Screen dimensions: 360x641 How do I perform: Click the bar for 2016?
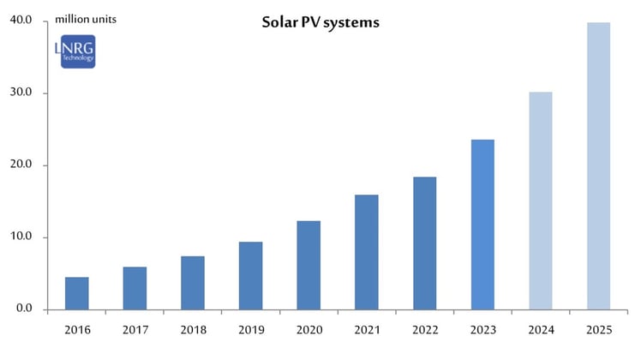[77, 293]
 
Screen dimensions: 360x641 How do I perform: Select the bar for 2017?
[135, 288]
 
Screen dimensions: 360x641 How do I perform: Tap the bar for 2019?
[250, 275]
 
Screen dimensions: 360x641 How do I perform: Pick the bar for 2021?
[367, 252]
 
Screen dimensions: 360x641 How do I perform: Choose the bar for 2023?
[482, 225]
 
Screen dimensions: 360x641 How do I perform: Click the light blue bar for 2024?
[541, 201]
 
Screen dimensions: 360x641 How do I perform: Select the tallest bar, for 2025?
[598, 166]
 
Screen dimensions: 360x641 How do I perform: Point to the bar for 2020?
[309, 265]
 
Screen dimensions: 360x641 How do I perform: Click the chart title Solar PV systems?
[320, 22]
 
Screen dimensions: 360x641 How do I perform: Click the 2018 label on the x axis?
[192, 330]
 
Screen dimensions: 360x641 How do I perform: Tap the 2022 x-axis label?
[424, 330]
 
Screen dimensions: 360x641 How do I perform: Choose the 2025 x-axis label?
[598, 330]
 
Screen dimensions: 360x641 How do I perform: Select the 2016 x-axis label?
[76, 330]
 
